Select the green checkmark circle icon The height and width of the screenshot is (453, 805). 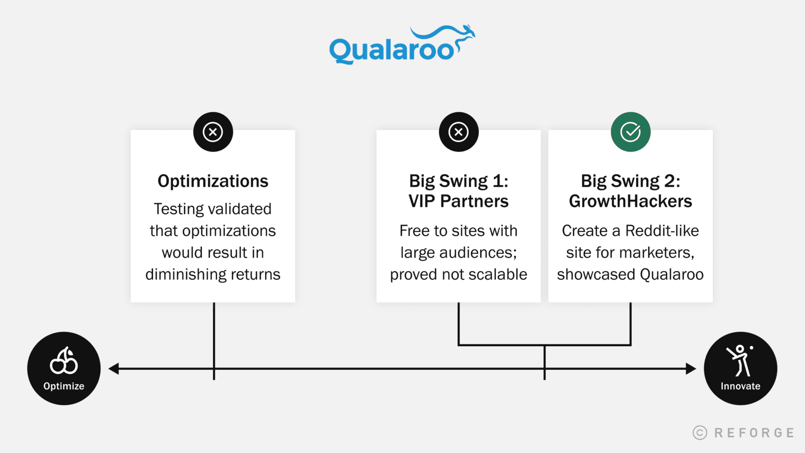pyautogui.click(x=631, y=132)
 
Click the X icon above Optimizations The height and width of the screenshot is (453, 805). pyautogui.click(x=213, y=132)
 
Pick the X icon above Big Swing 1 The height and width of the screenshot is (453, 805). pyautogui.click(x=459, y=132)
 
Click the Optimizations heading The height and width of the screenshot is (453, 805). pyautogui.click(x=213, y=181)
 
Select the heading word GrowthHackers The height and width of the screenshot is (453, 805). pyautogui.click(x=631, y=201)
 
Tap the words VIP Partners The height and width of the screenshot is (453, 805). pyautogui.click(x=459, y=201)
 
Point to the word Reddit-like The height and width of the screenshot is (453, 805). pyautogui.click(x=662, y=231)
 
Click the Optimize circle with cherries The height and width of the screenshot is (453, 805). pyautogui.click(x=64, y=368)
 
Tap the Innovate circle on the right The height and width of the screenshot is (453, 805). pyautogui.click(x=741, y=368)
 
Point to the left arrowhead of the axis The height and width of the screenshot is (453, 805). pyautogui.click(x=113, y=369)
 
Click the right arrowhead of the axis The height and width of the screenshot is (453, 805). pyautogui.click(x=691, y=369)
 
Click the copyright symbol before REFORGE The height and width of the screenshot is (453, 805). pyautogui.click(x=700, y=433)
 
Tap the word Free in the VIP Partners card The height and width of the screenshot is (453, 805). pyautogui.click(x=414, y=231)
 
